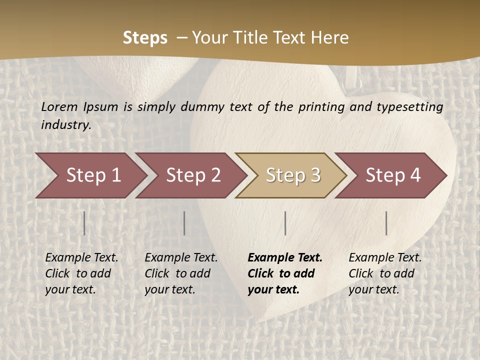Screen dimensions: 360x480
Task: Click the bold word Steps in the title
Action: pos(145,38)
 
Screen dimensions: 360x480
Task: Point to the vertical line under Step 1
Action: pos(84,223)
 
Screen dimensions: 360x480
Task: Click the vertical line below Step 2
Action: pos(184,223)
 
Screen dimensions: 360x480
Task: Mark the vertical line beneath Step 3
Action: pos(285,223)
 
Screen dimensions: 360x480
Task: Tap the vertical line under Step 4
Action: pos(386,223)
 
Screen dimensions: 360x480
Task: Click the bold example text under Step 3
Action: pos(284,273)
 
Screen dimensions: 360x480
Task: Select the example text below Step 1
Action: pos(81,273)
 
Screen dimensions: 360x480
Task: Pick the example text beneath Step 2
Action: pos(181,273)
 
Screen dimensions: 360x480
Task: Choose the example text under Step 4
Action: pos(385,273)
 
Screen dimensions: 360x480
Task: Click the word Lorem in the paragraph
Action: pos(59,106)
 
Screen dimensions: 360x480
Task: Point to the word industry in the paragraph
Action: pos(65,124)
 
